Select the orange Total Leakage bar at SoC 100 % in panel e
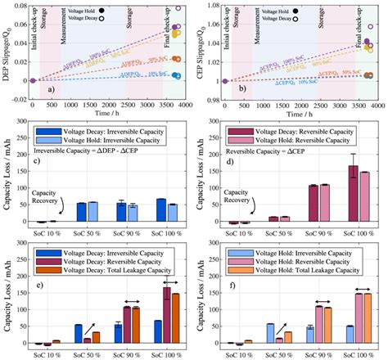pyautogui.click(x=174, y=317)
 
